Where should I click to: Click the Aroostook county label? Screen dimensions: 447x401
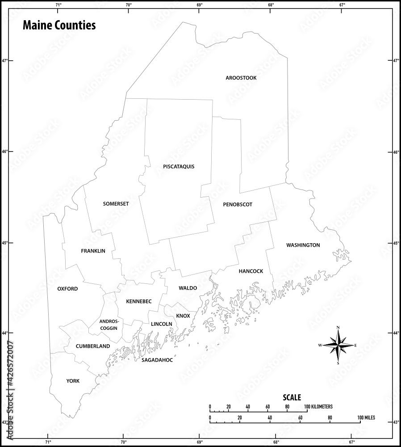241,78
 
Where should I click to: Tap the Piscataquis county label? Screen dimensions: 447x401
179,167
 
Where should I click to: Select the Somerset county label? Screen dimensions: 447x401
116,204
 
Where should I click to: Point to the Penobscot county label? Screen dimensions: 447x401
238,205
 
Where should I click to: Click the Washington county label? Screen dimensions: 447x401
303,245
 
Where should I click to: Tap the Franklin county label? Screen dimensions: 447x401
93,251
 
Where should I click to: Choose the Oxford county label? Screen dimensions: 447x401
67,289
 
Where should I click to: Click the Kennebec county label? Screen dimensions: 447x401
138,302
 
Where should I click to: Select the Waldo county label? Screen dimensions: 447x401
188,288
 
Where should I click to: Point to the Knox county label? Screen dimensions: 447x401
183,316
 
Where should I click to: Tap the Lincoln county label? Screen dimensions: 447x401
161,324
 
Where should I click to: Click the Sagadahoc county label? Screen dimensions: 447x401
157,359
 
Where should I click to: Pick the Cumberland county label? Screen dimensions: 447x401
92,346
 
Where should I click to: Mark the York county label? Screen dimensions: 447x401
73,381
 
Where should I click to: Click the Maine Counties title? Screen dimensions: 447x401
59,25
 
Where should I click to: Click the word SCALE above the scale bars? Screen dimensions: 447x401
292,397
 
